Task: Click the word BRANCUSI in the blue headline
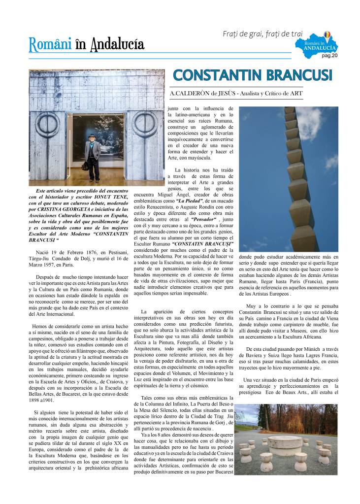[297, 75]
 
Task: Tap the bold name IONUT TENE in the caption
[113, 197]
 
